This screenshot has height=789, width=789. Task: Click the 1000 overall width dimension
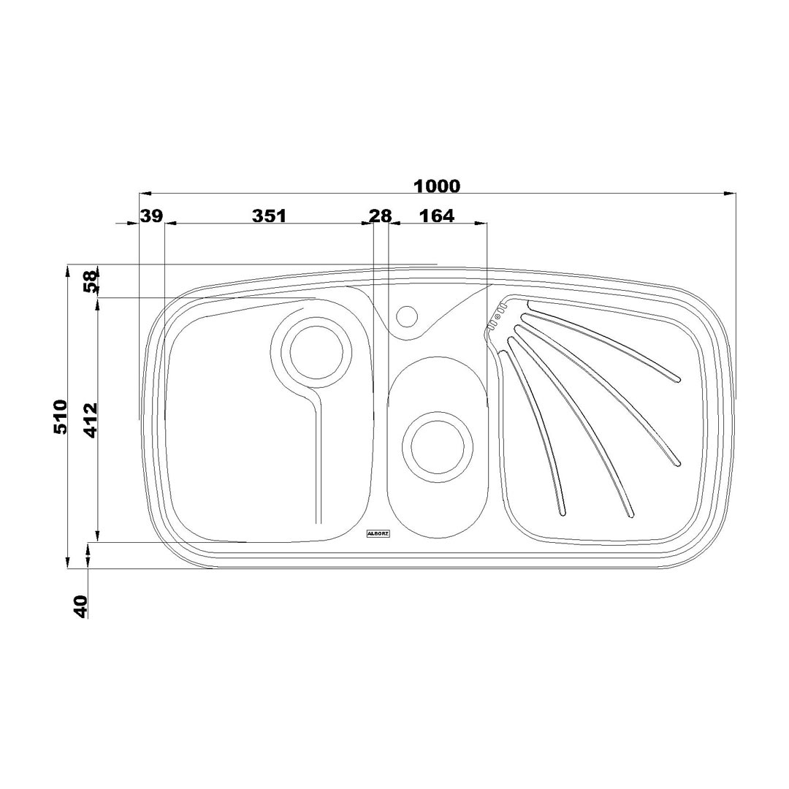436,187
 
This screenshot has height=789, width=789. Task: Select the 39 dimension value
151,216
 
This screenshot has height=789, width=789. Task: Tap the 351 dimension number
269,216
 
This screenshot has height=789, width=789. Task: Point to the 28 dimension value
380,216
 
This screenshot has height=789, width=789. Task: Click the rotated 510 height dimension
61,416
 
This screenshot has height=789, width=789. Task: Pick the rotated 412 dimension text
91,420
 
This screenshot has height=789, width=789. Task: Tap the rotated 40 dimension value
80,606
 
